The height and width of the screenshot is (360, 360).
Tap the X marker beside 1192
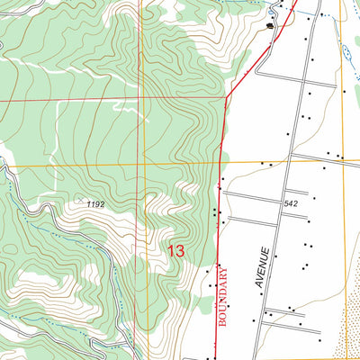click(81, 200)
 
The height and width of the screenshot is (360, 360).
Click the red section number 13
click(175, 252)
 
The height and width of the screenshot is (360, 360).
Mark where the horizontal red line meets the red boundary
click(227, 97)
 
